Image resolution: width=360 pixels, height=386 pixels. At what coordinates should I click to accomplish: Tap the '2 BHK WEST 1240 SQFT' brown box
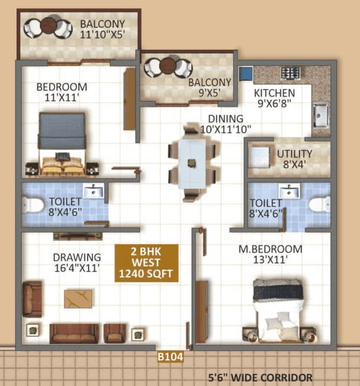pyautogui.click(x=146, y=262)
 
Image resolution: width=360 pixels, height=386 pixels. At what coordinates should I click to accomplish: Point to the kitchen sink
pyautogui.click(x=320, y=115)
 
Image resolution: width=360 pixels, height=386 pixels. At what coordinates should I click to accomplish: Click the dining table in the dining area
pyautogui.click(x=192, y=162)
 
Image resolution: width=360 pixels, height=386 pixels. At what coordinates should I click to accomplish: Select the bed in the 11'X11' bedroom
pyautogui.click(x=62, y=143)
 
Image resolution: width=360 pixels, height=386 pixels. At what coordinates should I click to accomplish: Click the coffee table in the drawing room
pyautogui.click(x=78, y=298)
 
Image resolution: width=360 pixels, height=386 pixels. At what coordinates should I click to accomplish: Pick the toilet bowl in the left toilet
pyautogui.click(x=33, y=205)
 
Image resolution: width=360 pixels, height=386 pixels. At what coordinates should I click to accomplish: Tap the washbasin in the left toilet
pyautogui.click(x=94, y=191)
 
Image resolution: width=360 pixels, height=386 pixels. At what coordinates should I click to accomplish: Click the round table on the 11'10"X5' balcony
pyautogui.click(x=49, y=27)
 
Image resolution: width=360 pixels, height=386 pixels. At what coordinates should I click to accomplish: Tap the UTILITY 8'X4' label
pyautogui.click(x=294, y=158)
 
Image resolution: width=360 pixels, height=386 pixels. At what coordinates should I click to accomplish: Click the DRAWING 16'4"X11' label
pyautogui.click(x=76, y=263)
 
